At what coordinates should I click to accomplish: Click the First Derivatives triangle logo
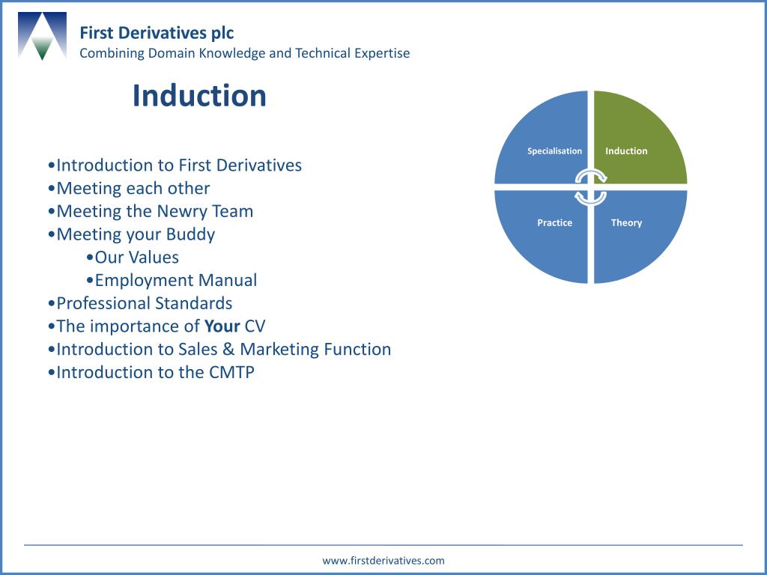click(42, 36)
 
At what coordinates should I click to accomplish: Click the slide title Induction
click(199, 96)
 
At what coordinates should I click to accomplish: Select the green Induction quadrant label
click(626, 151)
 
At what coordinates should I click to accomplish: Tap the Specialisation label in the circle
click(554, 151)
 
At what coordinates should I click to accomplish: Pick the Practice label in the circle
click(554, 223)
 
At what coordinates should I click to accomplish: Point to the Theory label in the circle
click(626, 223)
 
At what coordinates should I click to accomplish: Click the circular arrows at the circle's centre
click(590, 187)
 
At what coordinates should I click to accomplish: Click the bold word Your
click(222, 326)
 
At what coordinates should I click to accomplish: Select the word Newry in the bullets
click(182, 211)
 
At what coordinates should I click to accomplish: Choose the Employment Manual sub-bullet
click(175, 281)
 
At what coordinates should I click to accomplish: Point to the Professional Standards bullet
click(144, 303)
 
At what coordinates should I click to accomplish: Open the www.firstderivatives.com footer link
click(383, 560)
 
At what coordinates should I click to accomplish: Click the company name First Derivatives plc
click(157, 33)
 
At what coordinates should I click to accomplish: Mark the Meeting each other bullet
click(133, 189)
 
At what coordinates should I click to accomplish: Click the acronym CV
click(255, 326)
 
